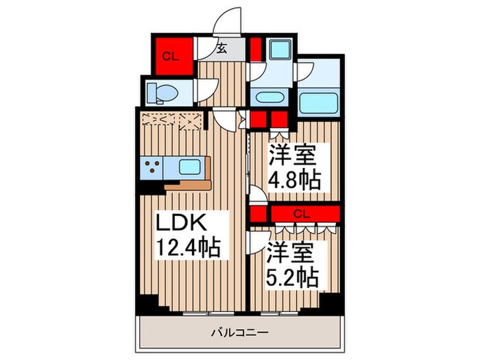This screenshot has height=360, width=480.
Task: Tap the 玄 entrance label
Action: click(222, 48)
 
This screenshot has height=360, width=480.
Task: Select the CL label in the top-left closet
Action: click(170, 57)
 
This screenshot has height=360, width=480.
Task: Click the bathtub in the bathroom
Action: click(320, 102)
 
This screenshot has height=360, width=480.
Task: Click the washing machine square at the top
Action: click(279, 50)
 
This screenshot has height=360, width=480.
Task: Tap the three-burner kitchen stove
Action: click(153, 167)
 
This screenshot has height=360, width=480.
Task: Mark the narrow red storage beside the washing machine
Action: click(254, 49)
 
